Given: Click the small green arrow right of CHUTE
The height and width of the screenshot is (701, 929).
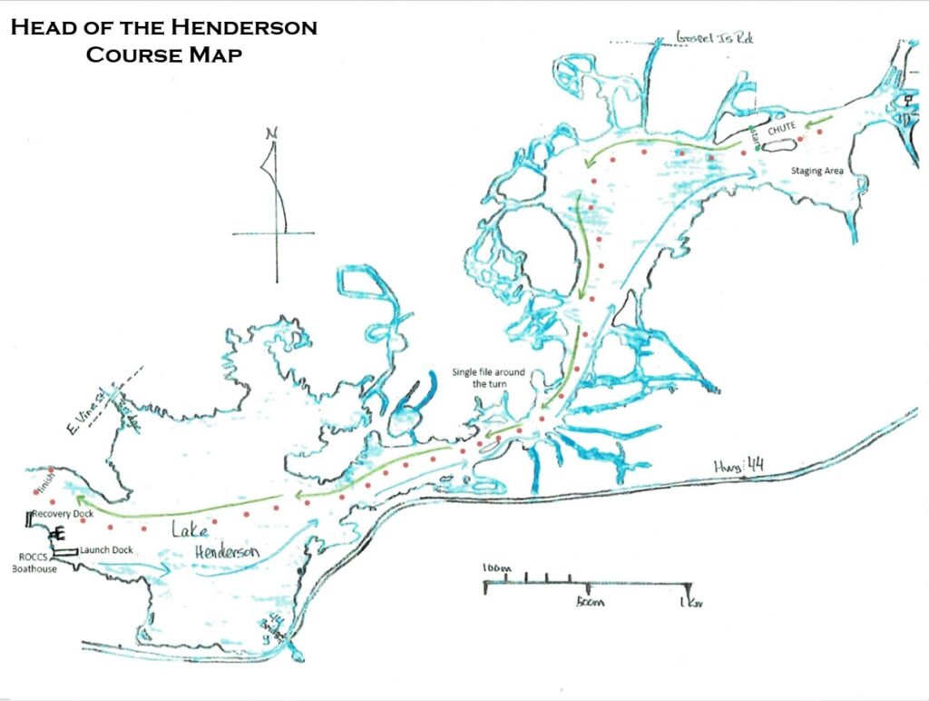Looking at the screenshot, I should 820,120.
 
